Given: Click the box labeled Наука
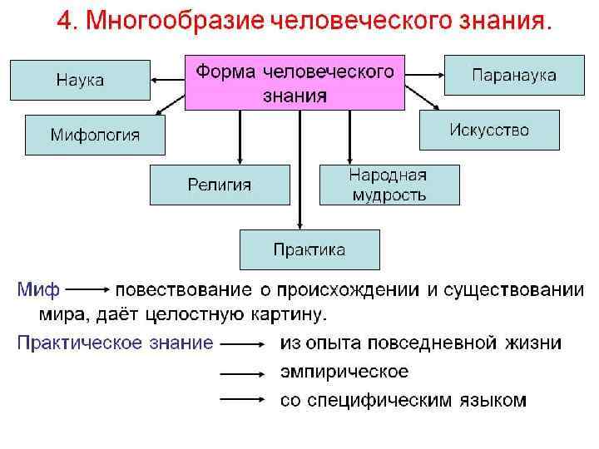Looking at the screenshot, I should tap(80, 80).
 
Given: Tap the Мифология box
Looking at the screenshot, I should tap(95, 135).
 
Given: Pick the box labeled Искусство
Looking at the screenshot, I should tap(489, 130).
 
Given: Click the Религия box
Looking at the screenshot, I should tap(219, 185).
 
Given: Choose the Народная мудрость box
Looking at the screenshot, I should tap(389, 185).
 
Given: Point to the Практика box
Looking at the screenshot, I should tap(309, 249).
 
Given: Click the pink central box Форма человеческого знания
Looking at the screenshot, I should tap(295, 82).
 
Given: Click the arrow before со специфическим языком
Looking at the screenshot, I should tap(242, 400).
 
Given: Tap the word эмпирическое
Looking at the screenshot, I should tap(344, 372).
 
